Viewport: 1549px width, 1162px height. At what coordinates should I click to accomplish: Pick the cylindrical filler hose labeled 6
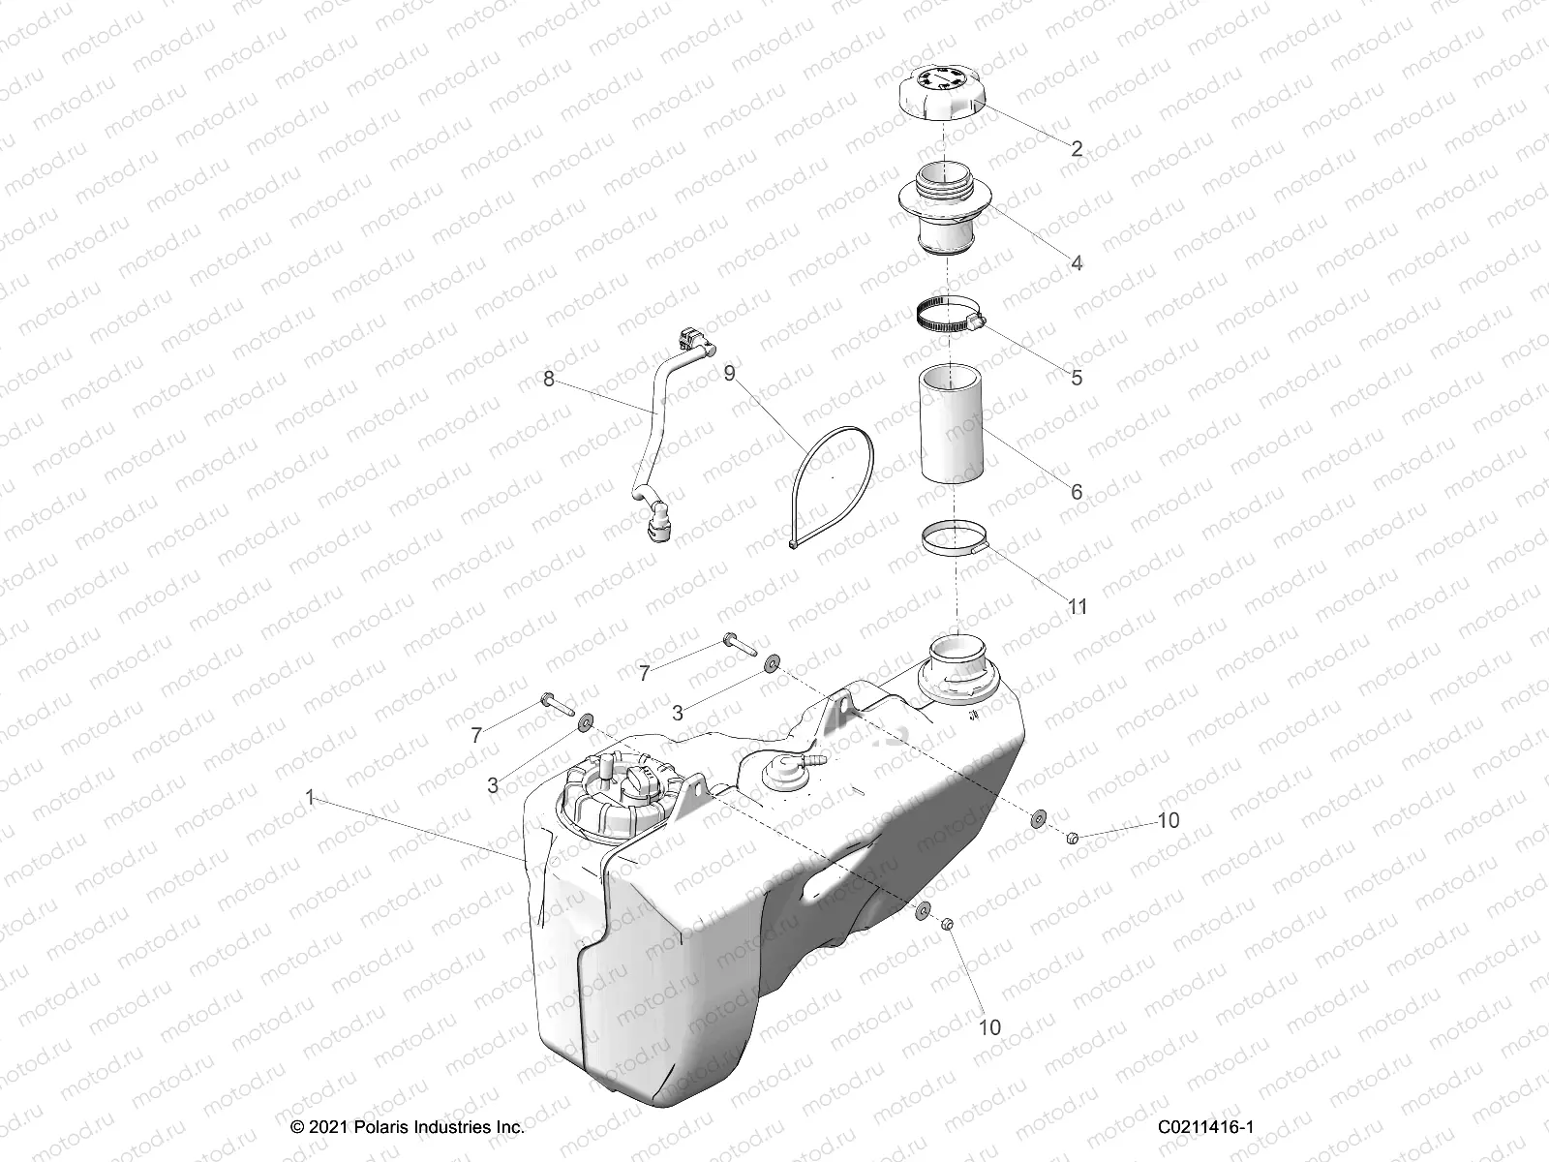(x=952, y=423)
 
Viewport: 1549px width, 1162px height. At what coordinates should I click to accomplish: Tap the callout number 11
(x=1078, y=607)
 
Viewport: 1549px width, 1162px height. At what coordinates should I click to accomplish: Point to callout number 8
(x=549, y=379)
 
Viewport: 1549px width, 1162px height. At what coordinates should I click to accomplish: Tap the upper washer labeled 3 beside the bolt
(x=772, y=663)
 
